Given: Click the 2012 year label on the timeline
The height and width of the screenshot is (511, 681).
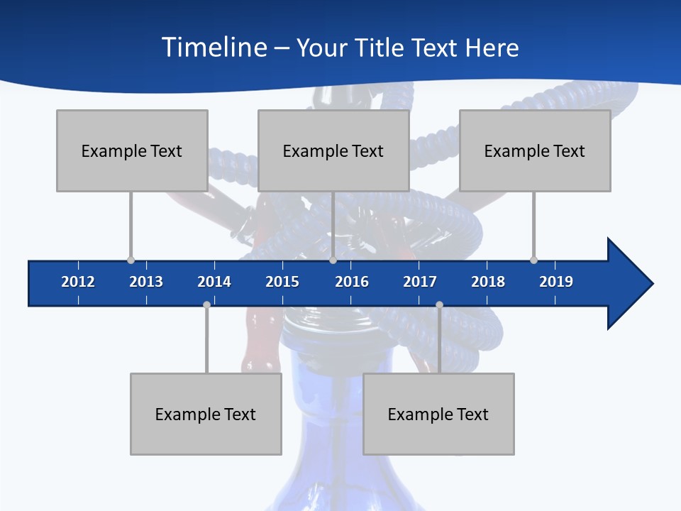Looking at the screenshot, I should coord(78,282).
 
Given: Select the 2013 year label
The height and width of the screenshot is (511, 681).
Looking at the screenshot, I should coord(146,282).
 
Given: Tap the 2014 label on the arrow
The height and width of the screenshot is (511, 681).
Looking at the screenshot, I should coord(214,282).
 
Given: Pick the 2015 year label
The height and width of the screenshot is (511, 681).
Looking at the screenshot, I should coord(282,282).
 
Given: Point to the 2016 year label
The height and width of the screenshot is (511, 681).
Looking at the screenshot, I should coord(352,282).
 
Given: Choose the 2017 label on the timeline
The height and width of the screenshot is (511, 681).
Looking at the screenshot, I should coord(420,282).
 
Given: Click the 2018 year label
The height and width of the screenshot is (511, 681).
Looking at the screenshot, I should coord(488,282).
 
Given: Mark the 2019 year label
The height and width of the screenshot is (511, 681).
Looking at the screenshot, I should coord(556,282).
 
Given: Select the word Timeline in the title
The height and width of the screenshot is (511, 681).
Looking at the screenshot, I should coord(214,48).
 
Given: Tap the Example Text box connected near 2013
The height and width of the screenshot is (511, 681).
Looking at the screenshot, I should coord(132,150).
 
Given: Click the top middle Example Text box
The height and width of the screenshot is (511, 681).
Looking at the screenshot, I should coord(333,150).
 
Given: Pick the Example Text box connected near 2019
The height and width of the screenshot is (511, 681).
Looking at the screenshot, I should coord(535,150).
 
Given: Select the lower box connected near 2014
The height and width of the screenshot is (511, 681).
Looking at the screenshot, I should coord(206,414).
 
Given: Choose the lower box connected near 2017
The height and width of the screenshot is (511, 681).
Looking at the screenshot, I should coord(438,414).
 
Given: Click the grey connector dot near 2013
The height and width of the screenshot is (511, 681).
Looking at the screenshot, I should coord(131,260).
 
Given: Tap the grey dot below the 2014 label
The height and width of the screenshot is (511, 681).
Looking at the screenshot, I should coord(206,304).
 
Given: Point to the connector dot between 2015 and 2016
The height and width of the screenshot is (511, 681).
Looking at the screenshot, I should coord(333,260).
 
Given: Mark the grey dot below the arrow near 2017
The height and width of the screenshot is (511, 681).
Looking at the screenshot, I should coord(439,304).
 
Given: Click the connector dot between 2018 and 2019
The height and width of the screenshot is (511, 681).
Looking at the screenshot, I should coord(533,260).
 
